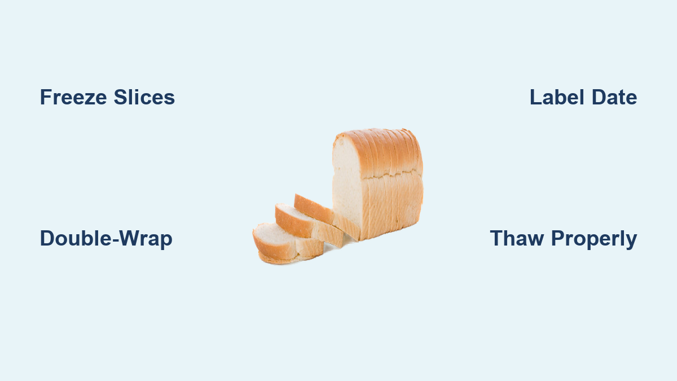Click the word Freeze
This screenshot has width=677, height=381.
[73, 97]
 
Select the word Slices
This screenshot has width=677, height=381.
[144, 97]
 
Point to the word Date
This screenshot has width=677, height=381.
[614, 97]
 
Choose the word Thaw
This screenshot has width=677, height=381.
[517, 239]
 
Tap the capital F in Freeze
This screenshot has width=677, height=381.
[46, 97]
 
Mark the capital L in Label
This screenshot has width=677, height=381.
[536, 97]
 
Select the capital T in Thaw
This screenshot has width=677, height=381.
[496, 239]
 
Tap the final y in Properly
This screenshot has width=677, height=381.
[631, 242]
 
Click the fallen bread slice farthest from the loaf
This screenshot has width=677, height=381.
[287, 243]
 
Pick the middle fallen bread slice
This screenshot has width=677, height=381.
[308, 225]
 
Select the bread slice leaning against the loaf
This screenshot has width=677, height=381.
[327, 216]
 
